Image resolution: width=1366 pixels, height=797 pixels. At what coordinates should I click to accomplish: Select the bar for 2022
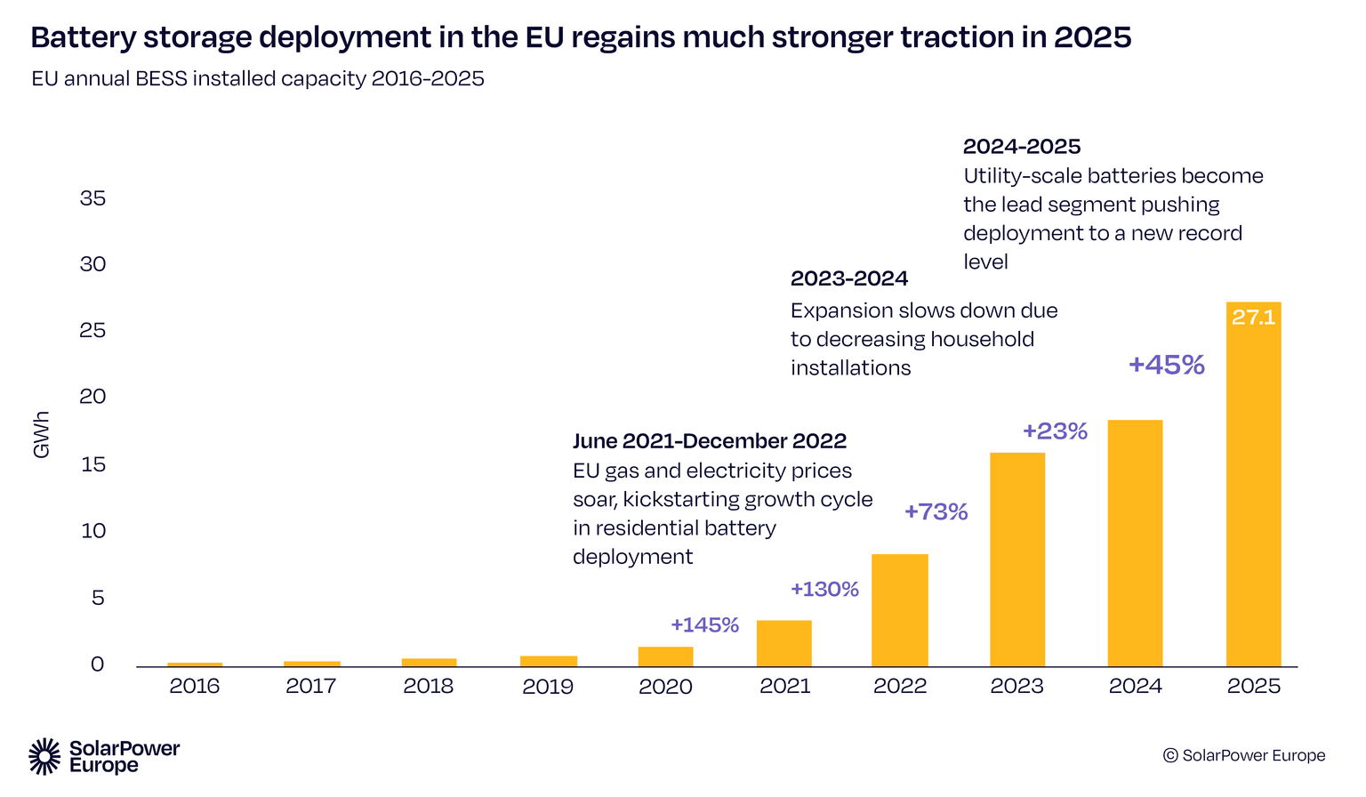point(899,610)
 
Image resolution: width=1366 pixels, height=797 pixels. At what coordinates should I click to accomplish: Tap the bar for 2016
point(195,664)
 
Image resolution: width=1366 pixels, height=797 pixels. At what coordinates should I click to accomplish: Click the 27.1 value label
point(1253,318)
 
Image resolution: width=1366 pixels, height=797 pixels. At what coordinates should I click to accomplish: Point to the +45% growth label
point(1166,365)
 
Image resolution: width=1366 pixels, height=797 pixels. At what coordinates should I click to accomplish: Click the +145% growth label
point(704,624)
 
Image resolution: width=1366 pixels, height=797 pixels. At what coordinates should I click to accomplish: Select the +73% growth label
point(936,511)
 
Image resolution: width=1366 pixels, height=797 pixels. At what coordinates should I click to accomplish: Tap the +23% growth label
point(1055,431)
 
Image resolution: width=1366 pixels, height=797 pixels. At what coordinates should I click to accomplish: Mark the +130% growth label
point(824,589)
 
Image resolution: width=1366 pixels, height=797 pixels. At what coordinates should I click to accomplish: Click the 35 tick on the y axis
point(92,198)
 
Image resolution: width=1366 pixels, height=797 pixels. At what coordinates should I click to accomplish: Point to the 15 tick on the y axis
point(92,464)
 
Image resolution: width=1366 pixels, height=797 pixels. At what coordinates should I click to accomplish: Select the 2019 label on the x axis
point(548,687)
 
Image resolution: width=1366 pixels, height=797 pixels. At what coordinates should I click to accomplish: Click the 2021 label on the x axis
point(784,687)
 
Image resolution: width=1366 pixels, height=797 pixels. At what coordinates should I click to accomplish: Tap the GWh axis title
point(41,435)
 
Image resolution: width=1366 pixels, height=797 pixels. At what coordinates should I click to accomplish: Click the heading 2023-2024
point(848,278)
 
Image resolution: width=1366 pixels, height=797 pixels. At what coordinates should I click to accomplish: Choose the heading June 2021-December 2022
point(709,441)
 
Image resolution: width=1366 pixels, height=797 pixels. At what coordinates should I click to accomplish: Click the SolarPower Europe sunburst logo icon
point(44,756)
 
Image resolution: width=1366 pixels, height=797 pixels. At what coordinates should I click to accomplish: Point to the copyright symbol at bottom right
point(1170,755)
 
